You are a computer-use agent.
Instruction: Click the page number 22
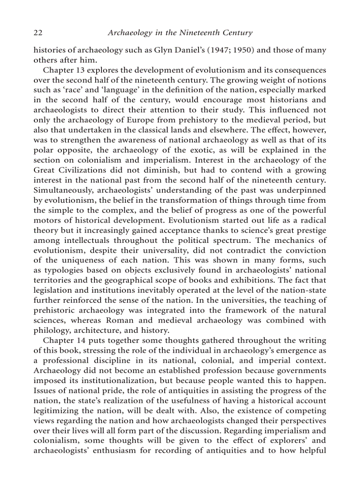[x=38, y=33]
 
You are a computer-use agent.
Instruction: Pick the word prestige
[x=310, y=230]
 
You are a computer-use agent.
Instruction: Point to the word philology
[x=51, y=330]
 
